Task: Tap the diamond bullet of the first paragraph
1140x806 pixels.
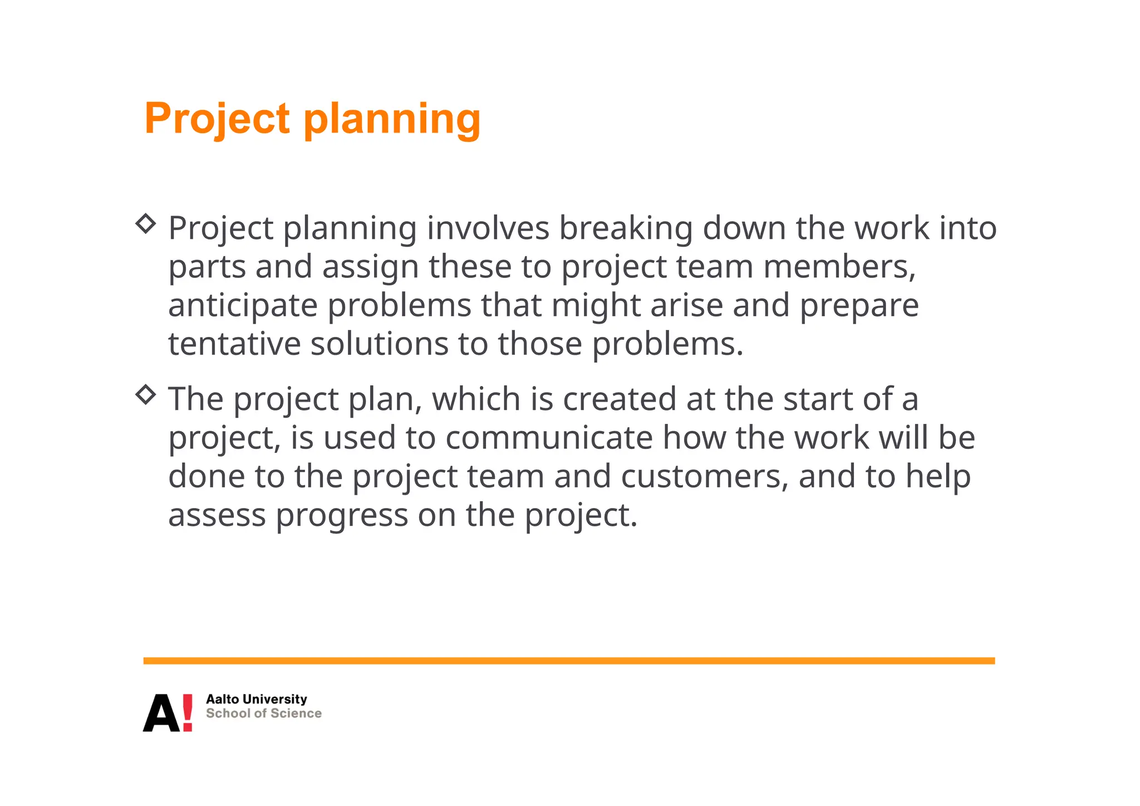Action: [146, 224]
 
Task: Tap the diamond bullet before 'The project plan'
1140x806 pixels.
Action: [146, 395]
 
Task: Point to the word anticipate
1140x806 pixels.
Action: [243, 306]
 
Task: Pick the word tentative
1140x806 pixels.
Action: [234, 344]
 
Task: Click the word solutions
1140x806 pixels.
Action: [379, 344]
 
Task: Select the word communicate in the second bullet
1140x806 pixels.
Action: [549, 438]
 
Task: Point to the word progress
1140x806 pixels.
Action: [342, 515]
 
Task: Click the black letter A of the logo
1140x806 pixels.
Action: [160, 714]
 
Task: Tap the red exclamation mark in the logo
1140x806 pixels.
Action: [188, 712]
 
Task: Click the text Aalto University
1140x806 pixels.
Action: [256, 699]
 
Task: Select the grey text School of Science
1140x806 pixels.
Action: [263, 714]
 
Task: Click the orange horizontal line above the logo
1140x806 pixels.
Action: [568, 661]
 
